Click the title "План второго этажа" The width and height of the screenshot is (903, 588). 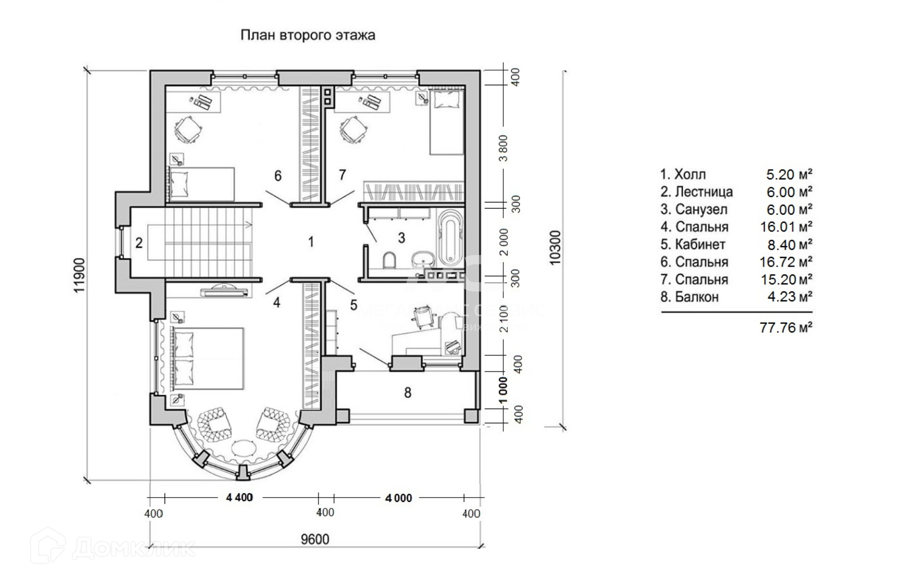click(x=308, y=35)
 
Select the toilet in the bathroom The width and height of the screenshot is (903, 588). click(x=389, y=260)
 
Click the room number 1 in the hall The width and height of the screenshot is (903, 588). click(x=311, y=242)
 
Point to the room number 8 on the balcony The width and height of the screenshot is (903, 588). click(x=408, y=392)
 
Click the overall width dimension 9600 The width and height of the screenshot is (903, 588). click(x=315, y=539)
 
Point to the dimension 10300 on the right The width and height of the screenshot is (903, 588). click(x=555, y=247)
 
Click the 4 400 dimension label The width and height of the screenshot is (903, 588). click(x=239, y=497)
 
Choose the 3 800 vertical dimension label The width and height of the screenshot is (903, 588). click(x=504, y=148)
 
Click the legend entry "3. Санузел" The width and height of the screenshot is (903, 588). click(x=694, y=209)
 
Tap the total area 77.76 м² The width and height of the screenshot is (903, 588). click(x=786, y=328)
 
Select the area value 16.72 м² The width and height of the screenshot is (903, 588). click(x=786, y=262)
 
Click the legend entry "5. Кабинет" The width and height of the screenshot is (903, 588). click(x=693, y=245)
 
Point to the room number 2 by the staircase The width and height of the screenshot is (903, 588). click(x=139, y=243)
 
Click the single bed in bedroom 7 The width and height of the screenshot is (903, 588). click(x=446, y=122)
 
